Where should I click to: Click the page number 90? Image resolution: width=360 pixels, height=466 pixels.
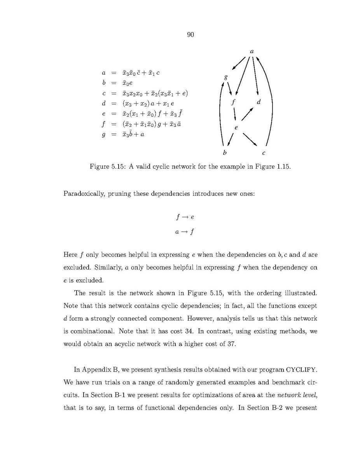coord(190,35)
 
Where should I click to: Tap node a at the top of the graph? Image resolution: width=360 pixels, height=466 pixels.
coord(252,51)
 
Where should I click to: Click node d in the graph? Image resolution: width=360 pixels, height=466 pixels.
coord(259,102)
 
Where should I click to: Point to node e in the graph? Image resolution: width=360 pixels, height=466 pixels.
coord(236,127)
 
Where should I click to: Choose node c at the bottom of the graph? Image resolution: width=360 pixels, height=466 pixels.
coord(264,153)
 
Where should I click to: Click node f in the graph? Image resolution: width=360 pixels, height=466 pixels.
coord(233,103)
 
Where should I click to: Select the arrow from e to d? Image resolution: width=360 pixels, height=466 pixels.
coord(248,114)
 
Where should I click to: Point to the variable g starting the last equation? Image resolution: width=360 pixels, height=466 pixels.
coord(103,135)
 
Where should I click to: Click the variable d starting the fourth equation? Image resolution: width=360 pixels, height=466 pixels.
coord(103,103)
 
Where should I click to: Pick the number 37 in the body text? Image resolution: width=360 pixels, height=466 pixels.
coord(231,345)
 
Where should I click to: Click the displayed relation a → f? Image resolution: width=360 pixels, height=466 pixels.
coord(185,232)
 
